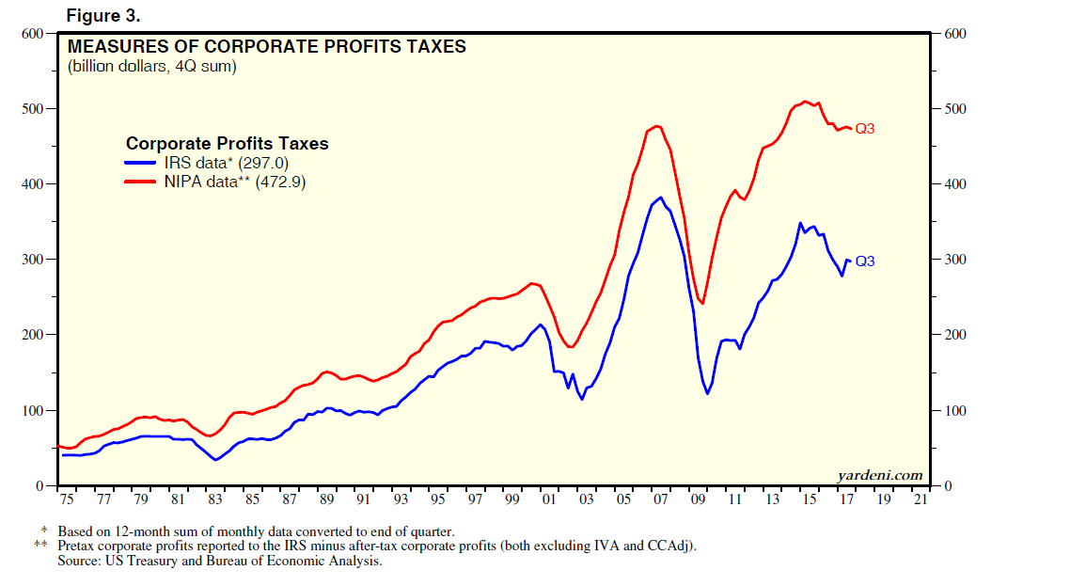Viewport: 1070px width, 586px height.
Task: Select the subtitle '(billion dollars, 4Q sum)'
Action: pyautogui.click(x=151, y=66)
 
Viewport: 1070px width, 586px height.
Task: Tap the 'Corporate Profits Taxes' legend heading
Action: pyautogui.click(x=228, y=144)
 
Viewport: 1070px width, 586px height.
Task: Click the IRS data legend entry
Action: pyautogui.click(x=216, y=163)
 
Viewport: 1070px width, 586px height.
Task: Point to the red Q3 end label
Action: pyautogui.click(x=864, y=129)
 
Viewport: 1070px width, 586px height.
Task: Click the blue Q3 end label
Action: pyautogui.click(x=864, y=261)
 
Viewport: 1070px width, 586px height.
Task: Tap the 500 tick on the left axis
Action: pyautogui.click(x=33, y=109)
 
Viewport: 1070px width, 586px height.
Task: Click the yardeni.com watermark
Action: pyautogui.click(x=880, y=476)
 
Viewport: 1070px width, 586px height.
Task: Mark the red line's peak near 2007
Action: pyautogui.click(x=656, y=125)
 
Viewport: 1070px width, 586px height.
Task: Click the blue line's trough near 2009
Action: pyautogui.click(x=708, y=392)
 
